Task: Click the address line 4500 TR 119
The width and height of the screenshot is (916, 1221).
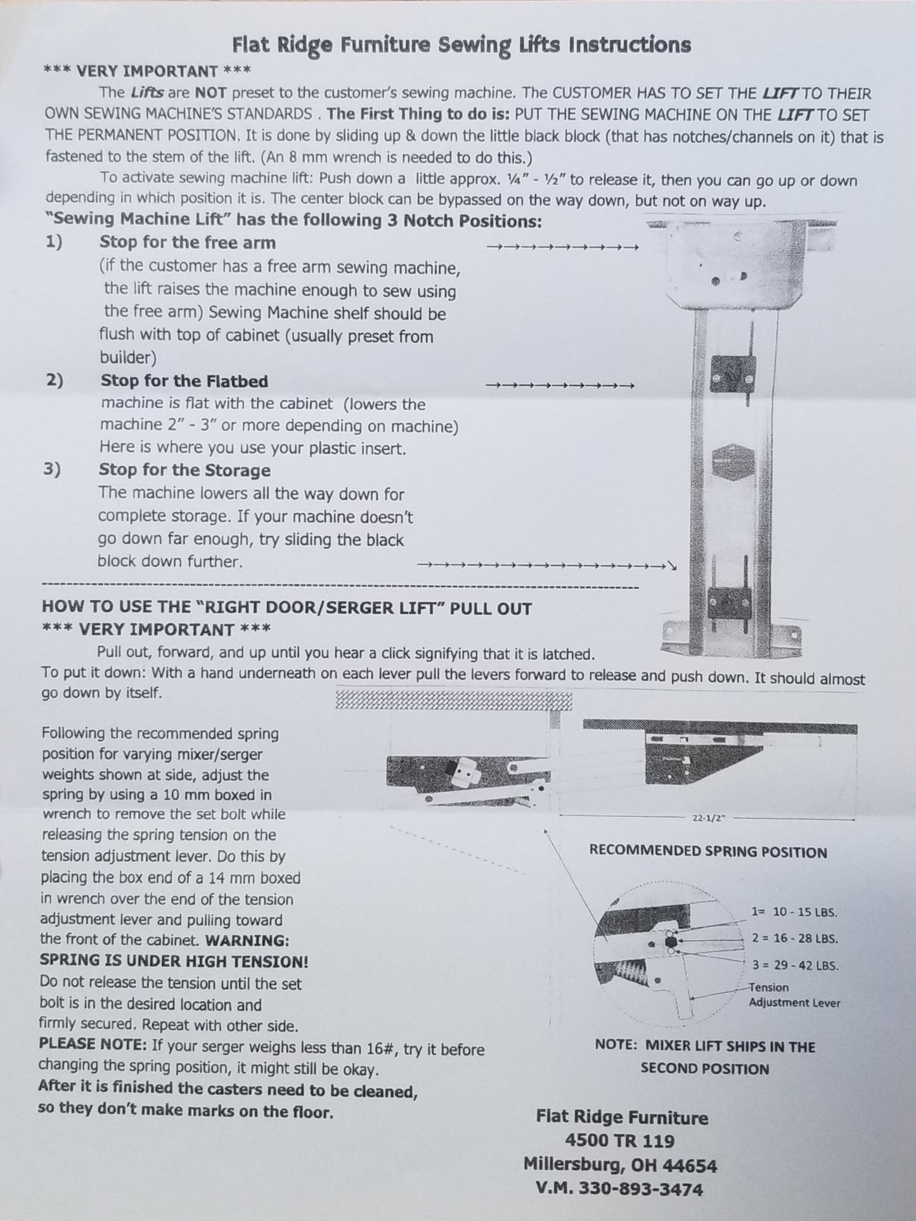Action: coord(619,1141)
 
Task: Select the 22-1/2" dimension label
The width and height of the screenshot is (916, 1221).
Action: coord(708,818)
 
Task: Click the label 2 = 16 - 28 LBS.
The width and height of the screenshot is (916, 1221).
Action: coord(795,939)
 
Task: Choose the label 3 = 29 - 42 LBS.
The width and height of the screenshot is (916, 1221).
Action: coord(795,966)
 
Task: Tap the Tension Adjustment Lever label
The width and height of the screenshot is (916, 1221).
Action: coord(794,995)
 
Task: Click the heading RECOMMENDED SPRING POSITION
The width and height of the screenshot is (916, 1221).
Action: coord(707,851)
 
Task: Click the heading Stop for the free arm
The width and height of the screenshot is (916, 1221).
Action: coord(187,242)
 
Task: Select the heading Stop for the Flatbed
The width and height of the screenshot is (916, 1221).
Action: coord(184,381)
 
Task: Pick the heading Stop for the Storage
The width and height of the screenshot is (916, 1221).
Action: coord(184,470)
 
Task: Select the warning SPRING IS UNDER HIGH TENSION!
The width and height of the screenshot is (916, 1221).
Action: coord(174,961)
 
